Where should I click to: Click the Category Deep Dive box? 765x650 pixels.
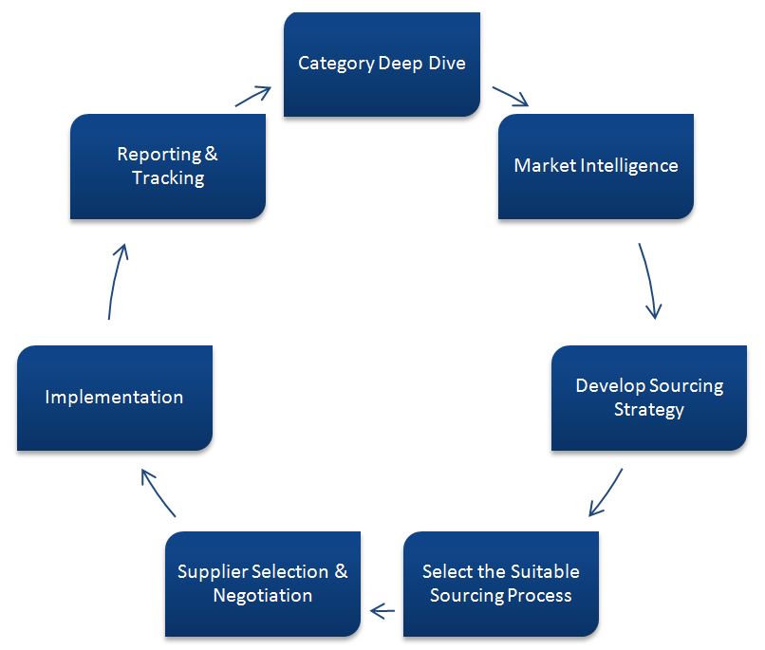pyautogui.click(x=382, y=64)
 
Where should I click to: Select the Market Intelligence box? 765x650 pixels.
pyautogui.click(x=595, y=166)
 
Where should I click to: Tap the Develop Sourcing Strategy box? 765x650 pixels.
pyautogui.click(x=648, y=398)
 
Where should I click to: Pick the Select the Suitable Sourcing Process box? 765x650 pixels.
pyautogui.click(x=500, y=584)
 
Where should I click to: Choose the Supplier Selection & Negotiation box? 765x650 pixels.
pyautogui.click(x=262, y=584)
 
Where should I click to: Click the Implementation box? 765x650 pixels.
pyautogui.click(x=114, y=398)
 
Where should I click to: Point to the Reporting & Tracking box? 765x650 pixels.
pyautogui.click(x=167, y=166)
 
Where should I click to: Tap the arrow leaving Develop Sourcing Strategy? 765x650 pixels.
pyautogui.click(x=606, y=492)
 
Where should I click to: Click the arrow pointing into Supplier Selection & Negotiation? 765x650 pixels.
pyautogui.click(x=382, y=610)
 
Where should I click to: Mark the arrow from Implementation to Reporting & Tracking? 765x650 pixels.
pyautogui.click(x=115, y=280)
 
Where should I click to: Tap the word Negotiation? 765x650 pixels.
pyautogui.click(x=262, y=596)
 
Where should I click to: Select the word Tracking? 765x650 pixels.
pyautogui.click(x=167, y=178)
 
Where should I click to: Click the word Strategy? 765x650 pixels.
pyautogui.click(x=648, y=410)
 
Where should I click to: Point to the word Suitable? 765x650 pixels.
pyautogui.click(x=539, y=571)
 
